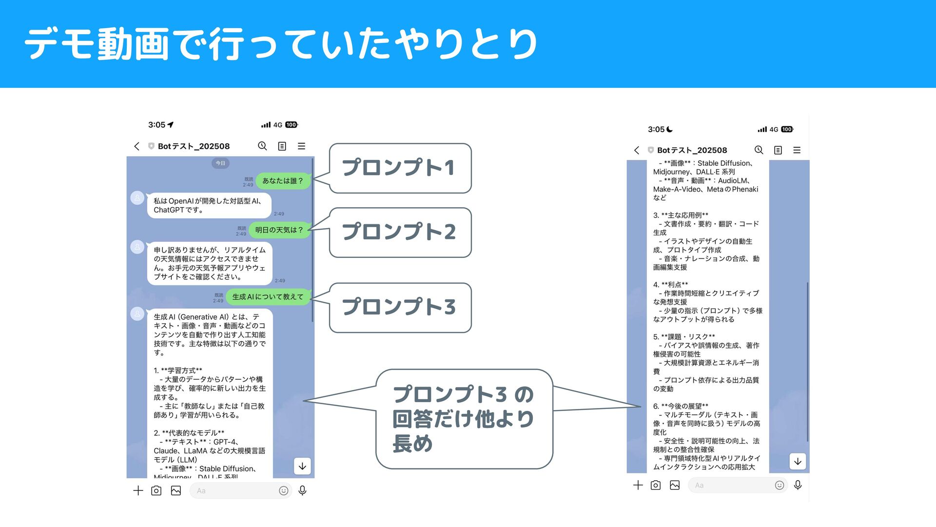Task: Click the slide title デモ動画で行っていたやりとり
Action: (x=281, y=44)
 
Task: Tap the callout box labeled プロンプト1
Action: (x=400, y=168)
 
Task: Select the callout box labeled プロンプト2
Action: (x=400, y=232)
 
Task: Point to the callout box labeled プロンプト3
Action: (x=400, y=308)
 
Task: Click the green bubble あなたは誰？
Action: (x=283, y=181)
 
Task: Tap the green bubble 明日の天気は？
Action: (x=279, y=230)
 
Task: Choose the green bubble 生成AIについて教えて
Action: (x=268, y=297)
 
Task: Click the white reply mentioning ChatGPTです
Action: (x=209, y=206)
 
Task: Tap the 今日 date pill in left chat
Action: (x=220, y=163)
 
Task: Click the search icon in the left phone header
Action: (x=262, y=146)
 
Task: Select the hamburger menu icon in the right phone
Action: (x=797, y=150)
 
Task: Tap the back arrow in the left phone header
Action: (x=137, y=146)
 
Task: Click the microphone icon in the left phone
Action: (x=302, y=490)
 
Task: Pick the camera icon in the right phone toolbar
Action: (x=656, y=485)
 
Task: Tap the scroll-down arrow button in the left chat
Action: (x=302, y=467)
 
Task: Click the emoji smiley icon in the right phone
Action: (x=780, y=485)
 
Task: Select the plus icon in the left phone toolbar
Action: (x=138, y=490)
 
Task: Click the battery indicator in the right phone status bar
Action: (x=787, y=130)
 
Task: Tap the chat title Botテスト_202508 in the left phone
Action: (x=194, y=146)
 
